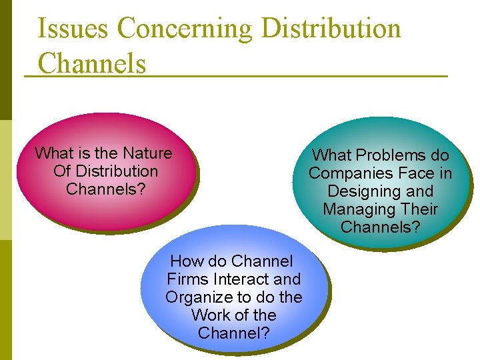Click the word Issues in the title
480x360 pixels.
tap(73, 29)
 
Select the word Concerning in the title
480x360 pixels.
tap(185, 29)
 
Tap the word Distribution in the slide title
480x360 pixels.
tap(331, 29)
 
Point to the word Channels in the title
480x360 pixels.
tap(91, 63)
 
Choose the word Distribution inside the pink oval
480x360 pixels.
tap(115, 171)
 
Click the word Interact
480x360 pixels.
tap(241, 279)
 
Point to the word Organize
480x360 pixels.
tap(197, 297)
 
